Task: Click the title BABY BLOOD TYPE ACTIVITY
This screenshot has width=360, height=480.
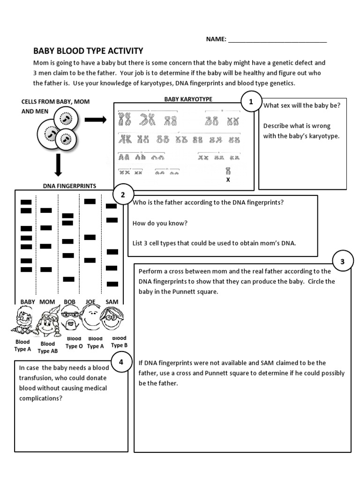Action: point(88,51)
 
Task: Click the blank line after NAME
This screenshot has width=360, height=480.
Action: point(277,40)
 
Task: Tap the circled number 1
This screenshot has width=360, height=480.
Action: point(251,102)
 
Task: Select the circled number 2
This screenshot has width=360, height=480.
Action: point(123,195)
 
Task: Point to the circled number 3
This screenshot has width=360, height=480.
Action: point(342,262)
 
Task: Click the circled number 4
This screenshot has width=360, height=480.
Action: point(120,362)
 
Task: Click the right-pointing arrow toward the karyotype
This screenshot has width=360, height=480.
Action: point(96,120)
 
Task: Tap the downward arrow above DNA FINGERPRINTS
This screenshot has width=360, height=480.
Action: point(59,165)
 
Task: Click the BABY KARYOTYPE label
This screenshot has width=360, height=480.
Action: point(188,99)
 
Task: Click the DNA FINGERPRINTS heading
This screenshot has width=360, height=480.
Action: point(69,186)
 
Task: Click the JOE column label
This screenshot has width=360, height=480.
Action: point(90,302)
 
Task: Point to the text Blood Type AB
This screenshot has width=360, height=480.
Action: point(47,347)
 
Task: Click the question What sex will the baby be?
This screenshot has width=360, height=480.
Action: point(301,105)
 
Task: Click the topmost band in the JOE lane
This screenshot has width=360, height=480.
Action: point(90,201)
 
